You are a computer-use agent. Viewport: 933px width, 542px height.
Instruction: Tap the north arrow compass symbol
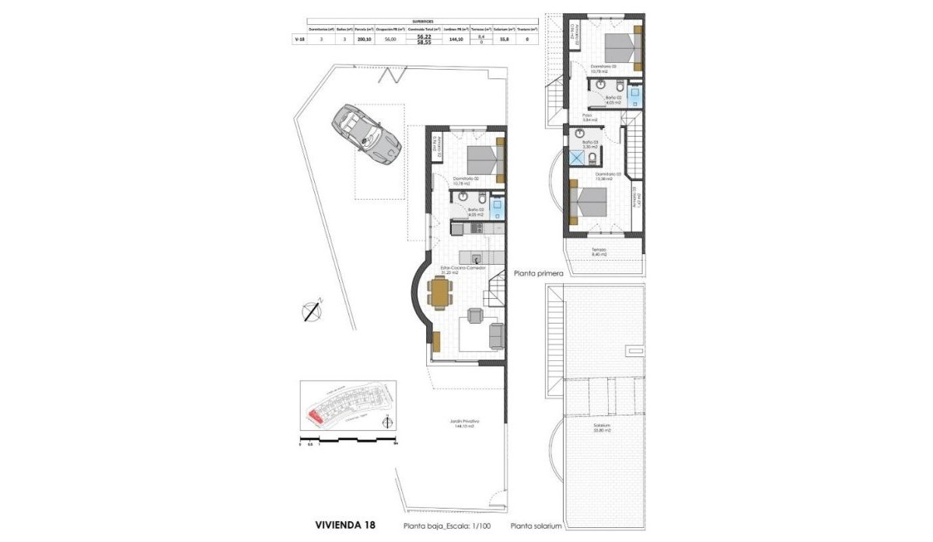(x=313, y=309)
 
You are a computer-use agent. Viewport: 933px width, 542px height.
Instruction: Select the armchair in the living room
(x=474, y=314)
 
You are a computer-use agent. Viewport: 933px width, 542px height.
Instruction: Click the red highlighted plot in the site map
(x=316, y=417)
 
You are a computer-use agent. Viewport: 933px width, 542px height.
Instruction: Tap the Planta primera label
(x=537, y=273)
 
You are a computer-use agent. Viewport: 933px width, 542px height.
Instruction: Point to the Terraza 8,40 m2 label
(x=599, y=252)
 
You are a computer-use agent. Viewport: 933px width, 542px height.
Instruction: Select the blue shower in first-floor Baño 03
(x=578, y=158)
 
